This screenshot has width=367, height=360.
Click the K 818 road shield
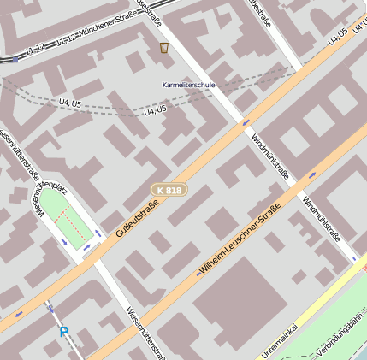(x=169, y=190)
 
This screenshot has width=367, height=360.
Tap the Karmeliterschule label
(x=188, y=86)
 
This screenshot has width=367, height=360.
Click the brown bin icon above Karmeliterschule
(x=164, y=49)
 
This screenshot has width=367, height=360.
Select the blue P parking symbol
(x=63, y=331)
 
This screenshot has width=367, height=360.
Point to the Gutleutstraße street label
(x=139, y=214)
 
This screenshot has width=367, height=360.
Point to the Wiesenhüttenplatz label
(x=50, y=184)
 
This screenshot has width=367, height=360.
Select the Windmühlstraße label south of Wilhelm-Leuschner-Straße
(x=322, y=218)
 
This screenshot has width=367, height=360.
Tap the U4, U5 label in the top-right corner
(x=337, y=37)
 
